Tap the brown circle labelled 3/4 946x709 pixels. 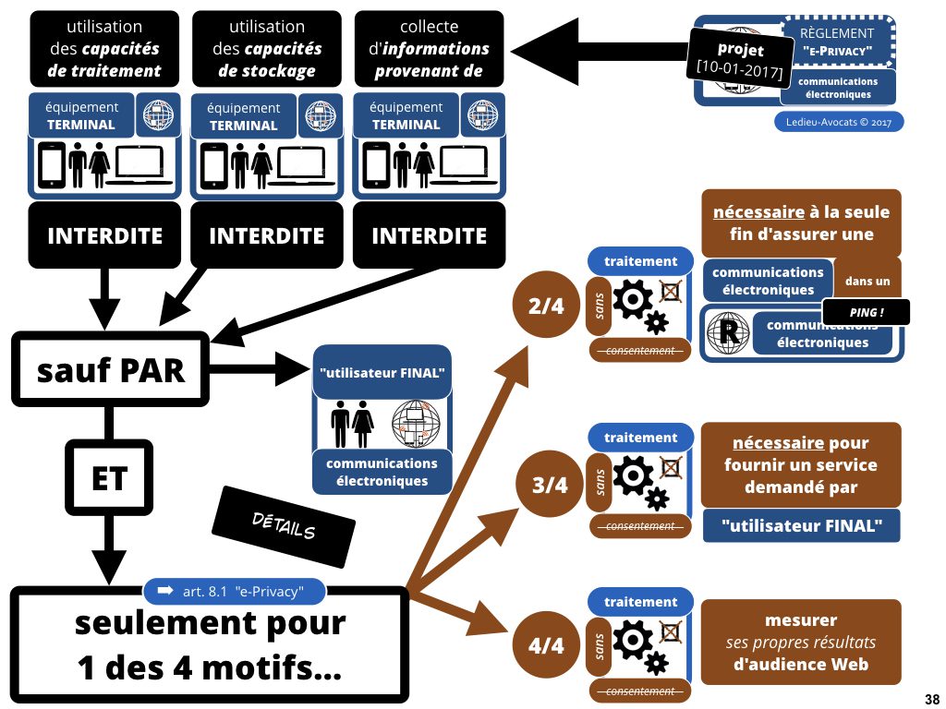click(x=550, y=484)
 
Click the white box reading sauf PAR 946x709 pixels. click(x=111, y=370)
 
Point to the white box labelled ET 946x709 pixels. click(x=108, y=478)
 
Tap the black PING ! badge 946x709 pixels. click(x=866, y=313)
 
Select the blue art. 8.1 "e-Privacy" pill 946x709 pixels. click(x=236, y=590)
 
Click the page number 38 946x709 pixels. click(x=931, y=697)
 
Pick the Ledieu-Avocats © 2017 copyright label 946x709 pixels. click(x=839, y=122)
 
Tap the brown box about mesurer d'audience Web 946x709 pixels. click(x=801, y=643)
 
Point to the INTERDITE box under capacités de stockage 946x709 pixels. click(x=267, y=235)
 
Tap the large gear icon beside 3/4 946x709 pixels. click(x=632, y=476)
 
